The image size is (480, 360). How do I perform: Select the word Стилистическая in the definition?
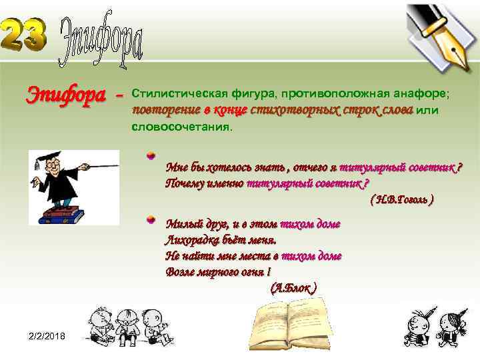(173, 90)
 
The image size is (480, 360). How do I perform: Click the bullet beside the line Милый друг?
(151, 219)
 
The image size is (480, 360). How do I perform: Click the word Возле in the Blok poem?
(179, 272)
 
